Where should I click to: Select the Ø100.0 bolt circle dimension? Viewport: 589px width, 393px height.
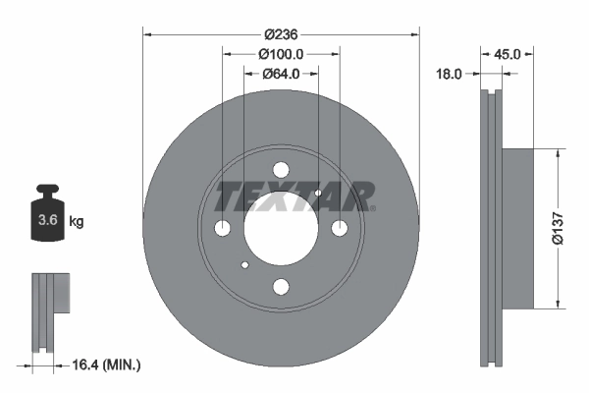tap(281, 55)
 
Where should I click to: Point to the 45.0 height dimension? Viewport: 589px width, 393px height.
tap(508, 55)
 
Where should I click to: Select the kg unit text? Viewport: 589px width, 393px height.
tap(77, 222)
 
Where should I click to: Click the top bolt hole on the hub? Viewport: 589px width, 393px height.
tap(281, 169)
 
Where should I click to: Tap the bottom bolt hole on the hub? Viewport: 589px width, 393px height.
tap(281, 287)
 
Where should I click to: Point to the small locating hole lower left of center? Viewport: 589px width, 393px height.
tap(245, 263)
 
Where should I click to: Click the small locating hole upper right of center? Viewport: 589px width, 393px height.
tap(317, 194)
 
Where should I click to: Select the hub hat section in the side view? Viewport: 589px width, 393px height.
tap(518, 228)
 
